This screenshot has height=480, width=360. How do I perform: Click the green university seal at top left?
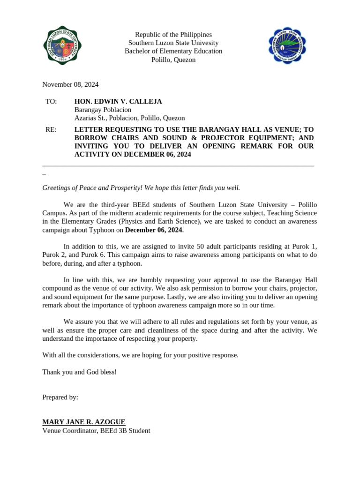pyautogui.click(x=62, y=45)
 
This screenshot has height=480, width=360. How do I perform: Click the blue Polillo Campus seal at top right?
pyautogui.click(x=287, y=46)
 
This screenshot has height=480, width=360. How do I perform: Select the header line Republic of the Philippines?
pyautogui.click(x=173, y=35)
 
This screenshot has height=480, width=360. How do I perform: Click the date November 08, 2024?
pyautogui.click(x=70, y=84)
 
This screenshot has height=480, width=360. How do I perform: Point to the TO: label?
pyautogui.click(x=51, y=101)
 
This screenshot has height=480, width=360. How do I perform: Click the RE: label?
pyautogui.click(x=51, y=129)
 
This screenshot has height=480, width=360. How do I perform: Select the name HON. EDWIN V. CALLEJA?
pyautogui.click(x=118, y=101)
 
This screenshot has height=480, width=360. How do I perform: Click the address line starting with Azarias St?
pyautogui.click(x=129, y=118)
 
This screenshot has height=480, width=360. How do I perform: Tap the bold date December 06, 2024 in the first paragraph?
pyautogui.click(x=153, y=230)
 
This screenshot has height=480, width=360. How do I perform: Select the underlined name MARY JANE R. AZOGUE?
pyautogui.click(x=83, y=422)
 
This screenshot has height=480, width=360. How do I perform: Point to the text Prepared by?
pyautogui.click(x=60, y=397)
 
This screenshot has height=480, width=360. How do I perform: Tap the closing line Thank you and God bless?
pyautogui.click(x=79, y=372)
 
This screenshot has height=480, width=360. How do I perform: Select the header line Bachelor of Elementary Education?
pyautogui.click(x=173, y=51)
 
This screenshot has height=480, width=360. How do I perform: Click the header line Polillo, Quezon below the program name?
pyautogui.click(x=173, y=60)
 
